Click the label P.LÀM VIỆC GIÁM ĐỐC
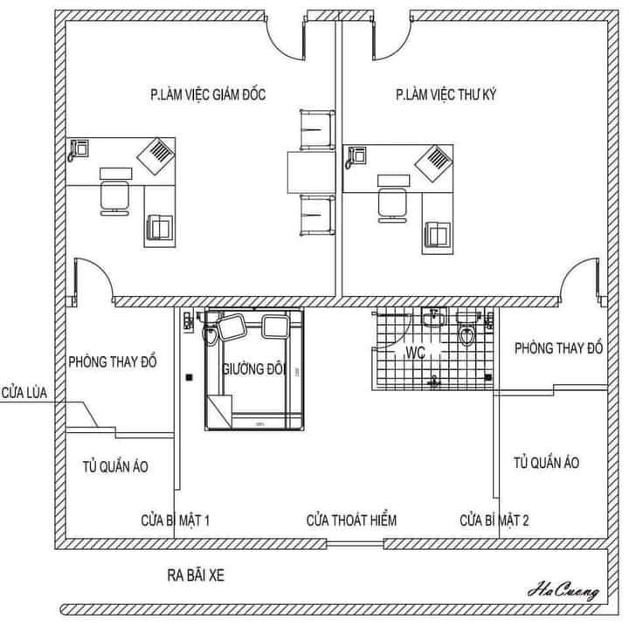coord(208,94)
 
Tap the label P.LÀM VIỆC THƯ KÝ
coord(446,94)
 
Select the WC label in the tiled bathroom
coord(415,353)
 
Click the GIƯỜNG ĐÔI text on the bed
coord(253,369)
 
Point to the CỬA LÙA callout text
coord(24,393)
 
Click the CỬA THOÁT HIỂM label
coord(351,520)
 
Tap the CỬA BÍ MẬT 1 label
coord(176,520)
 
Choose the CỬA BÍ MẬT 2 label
coord(494,520)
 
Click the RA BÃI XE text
coord(196,575)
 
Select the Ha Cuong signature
coord(563,591)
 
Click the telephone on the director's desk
coord(79,149)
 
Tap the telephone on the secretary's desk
coord(356,157)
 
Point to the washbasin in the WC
coord(433,318)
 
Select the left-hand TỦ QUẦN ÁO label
coord(115,466)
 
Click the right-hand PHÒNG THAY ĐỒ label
coord(559,348)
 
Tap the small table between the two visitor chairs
coord(311,173)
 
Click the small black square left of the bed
coord(190,377)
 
